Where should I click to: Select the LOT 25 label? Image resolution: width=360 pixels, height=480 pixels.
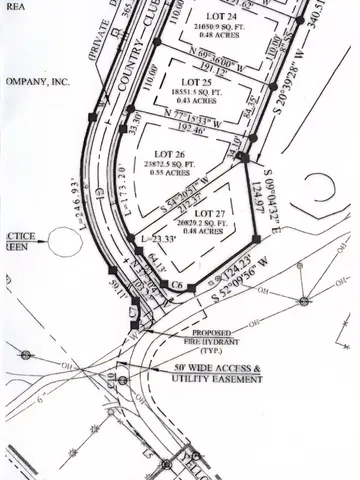pyautogui.click(x=193, y=81)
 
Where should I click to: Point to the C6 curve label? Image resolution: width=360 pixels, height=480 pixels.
pyautogui.click(x=177, y=285)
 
